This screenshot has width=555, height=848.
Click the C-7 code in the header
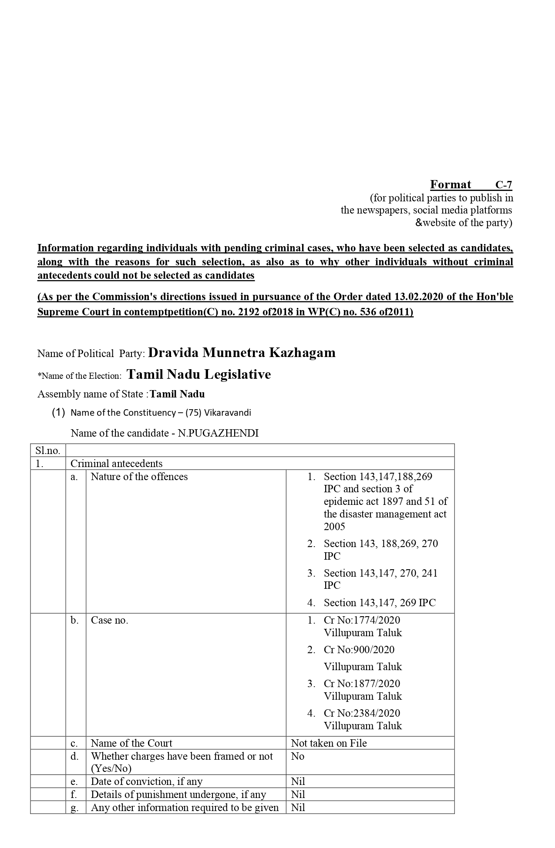pyautogui.click(x=504, y=185)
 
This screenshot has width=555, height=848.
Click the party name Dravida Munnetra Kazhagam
pyautogui.click(x=242, y=353)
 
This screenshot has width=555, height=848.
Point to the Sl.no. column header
pyautogui.click(x=48, y=451)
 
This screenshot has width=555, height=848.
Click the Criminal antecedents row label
pyautogui.click(x=116, y=464)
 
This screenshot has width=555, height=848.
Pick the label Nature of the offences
pyautogui.click(x=139, y=477)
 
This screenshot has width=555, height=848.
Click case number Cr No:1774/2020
pyautogui.click(x=362, y=620)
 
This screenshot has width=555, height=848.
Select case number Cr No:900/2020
pyautogui.click(x=359, y=650)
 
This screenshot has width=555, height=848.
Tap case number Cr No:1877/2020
pyautogui.click(x=362, y=684)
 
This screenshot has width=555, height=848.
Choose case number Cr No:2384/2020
pyautogui.click(x=362, y=713)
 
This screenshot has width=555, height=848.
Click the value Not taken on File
pyautogui.click(x=329, y=743)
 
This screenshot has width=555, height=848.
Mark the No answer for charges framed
pyautogui.click(x=298, y=756)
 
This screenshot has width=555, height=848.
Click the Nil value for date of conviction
pyautogui.click(x=298, y=781)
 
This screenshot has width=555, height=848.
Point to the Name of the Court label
pyautogui.click(x=131, y=743)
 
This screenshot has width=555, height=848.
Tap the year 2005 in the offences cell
pyautogui.click(x=334, y=527)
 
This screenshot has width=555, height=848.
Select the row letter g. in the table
pyautogui.click(x=74, y=808)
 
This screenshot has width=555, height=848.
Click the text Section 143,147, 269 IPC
pyautogui.click(x=380, y=603)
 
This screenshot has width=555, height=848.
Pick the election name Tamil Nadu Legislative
pyautogui.click(x=198, y=374)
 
